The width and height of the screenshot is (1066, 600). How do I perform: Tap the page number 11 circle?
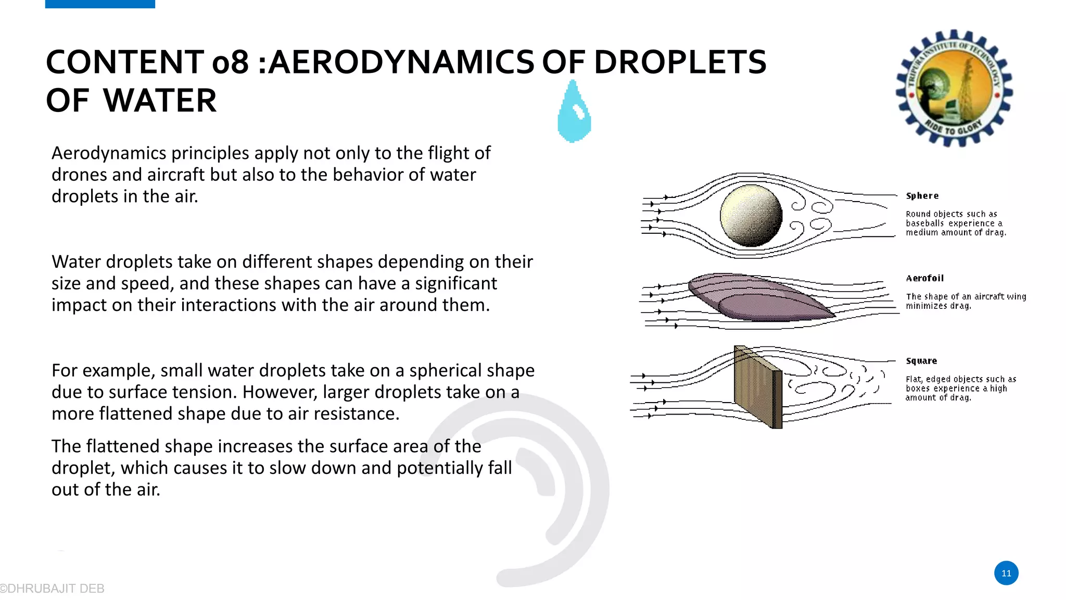coord(1006,573)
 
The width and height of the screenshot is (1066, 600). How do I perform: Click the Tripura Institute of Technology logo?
coord(954,88)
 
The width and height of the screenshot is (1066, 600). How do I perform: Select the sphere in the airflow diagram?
coord(751,216)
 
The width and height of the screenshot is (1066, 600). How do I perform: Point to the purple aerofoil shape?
coord(760,297)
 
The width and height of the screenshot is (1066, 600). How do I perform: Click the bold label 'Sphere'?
coord(922,196)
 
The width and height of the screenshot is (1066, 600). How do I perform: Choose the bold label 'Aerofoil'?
coord(924,278)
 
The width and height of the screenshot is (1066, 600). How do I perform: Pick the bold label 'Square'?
coord(921,361)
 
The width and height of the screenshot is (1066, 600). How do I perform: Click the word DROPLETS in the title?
coord(680,63)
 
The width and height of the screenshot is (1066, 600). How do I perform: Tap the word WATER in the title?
coord(159,101)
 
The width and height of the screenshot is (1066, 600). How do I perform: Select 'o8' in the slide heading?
coord(230,63)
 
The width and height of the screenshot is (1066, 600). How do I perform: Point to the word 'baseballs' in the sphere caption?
coord(924,223)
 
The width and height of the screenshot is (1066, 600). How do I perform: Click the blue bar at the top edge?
coord(100,4)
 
